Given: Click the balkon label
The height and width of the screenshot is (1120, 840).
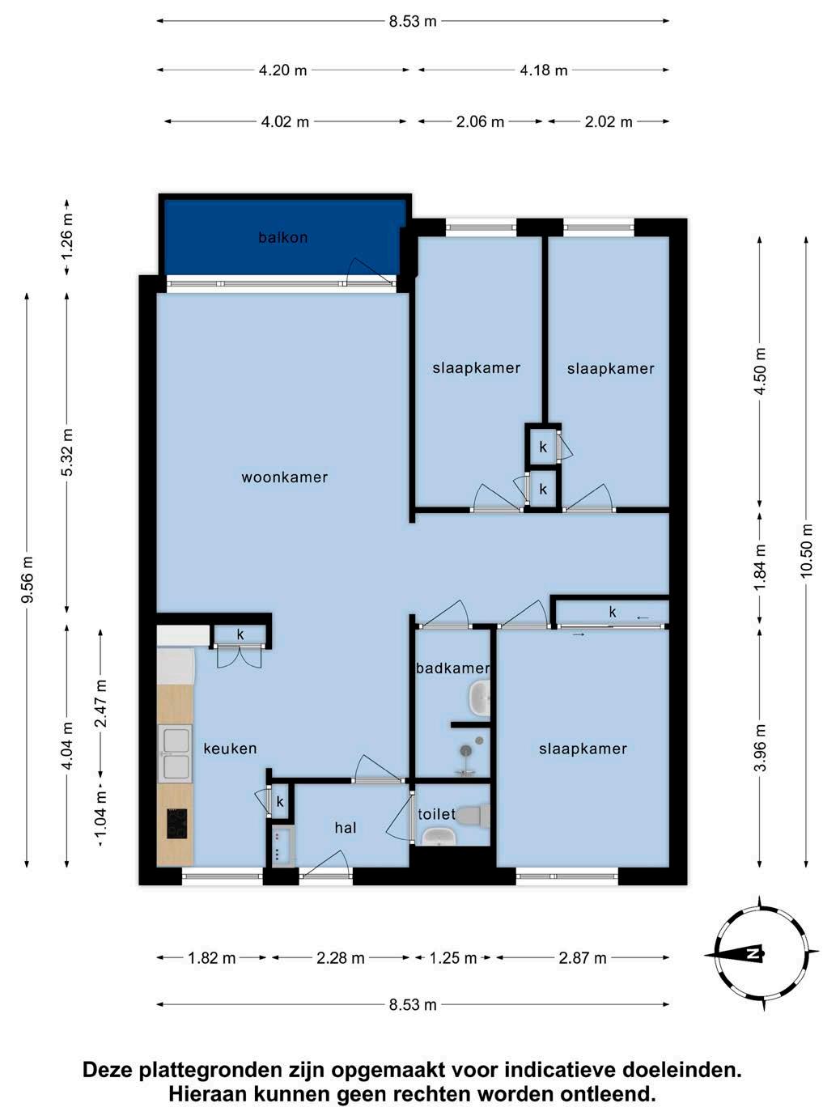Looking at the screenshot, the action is pyautogui.click(x=283, y=237).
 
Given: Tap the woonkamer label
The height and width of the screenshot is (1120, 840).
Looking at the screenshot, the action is pyautogui.click(x=284, y=477).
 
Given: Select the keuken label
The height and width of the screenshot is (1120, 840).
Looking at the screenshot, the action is pyautogui.click(x=230, y=749).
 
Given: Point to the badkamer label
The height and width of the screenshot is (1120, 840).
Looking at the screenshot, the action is pyautogui.click(x=453, y=668).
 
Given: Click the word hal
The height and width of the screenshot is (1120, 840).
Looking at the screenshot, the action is pyautogui.click(x=346, y=828).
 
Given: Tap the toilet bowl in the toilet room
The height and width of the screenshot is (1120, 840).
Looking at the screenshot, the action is pyautogui.click(x=473, y=815).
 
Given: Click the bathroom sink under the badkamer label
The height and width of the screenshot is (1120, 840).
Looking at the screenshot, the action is pyautogui.click(x=479, y=698).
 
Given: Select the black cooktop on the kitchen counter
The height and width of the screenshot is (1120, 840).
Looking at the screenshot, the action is pyautogui.click(x=177, y=824).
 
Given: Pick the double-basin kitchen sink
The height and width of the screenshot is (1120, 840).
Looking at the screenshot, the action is pyautogui.click(x=175, y=753).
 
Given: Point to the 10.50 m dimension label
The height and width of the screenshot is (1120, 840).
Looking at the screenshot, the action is pyautogui.click(x=806, y=551).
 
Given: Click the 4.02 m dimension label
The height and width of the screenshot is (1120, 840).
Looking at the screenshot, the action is pyautogui.click(x=285, y=122).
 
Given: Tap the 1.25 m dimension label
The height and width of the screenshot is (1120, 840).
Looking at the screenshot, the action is pyautogui.click(x=453, y=958).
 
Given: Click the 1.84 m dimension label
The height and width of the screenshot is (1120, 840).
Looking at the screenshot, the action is pyautogui.click(x=760, y=567).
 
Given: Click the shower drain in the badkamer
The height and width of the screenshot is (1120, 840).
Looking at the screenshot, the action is pyautogui.click(x=465, y=750).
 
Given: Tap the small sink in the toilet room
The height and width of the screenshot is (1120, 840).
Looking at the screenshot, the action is pyautogui.click(x=439, y=836).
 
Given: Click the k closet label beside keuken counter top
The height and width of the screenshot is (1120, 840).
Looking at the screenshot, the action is pyautogui.click(x=240, y=634).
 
